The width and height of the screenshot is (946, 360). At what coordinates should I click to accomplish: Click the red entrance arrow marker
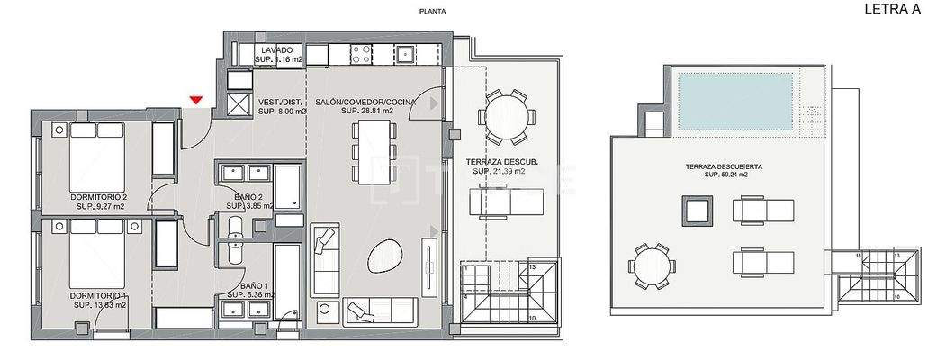196,101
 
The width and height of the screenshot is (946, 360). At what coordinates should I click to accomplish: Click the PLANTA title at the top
433,12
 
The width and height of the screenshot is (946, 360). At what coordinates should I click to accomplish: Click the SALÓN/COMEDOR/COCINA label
365,102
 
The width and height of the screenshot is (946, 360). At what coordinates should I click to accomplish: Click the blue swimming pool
735,100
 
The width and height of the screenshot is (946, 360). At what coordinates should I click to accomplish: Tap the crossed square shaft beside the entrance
239,103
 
